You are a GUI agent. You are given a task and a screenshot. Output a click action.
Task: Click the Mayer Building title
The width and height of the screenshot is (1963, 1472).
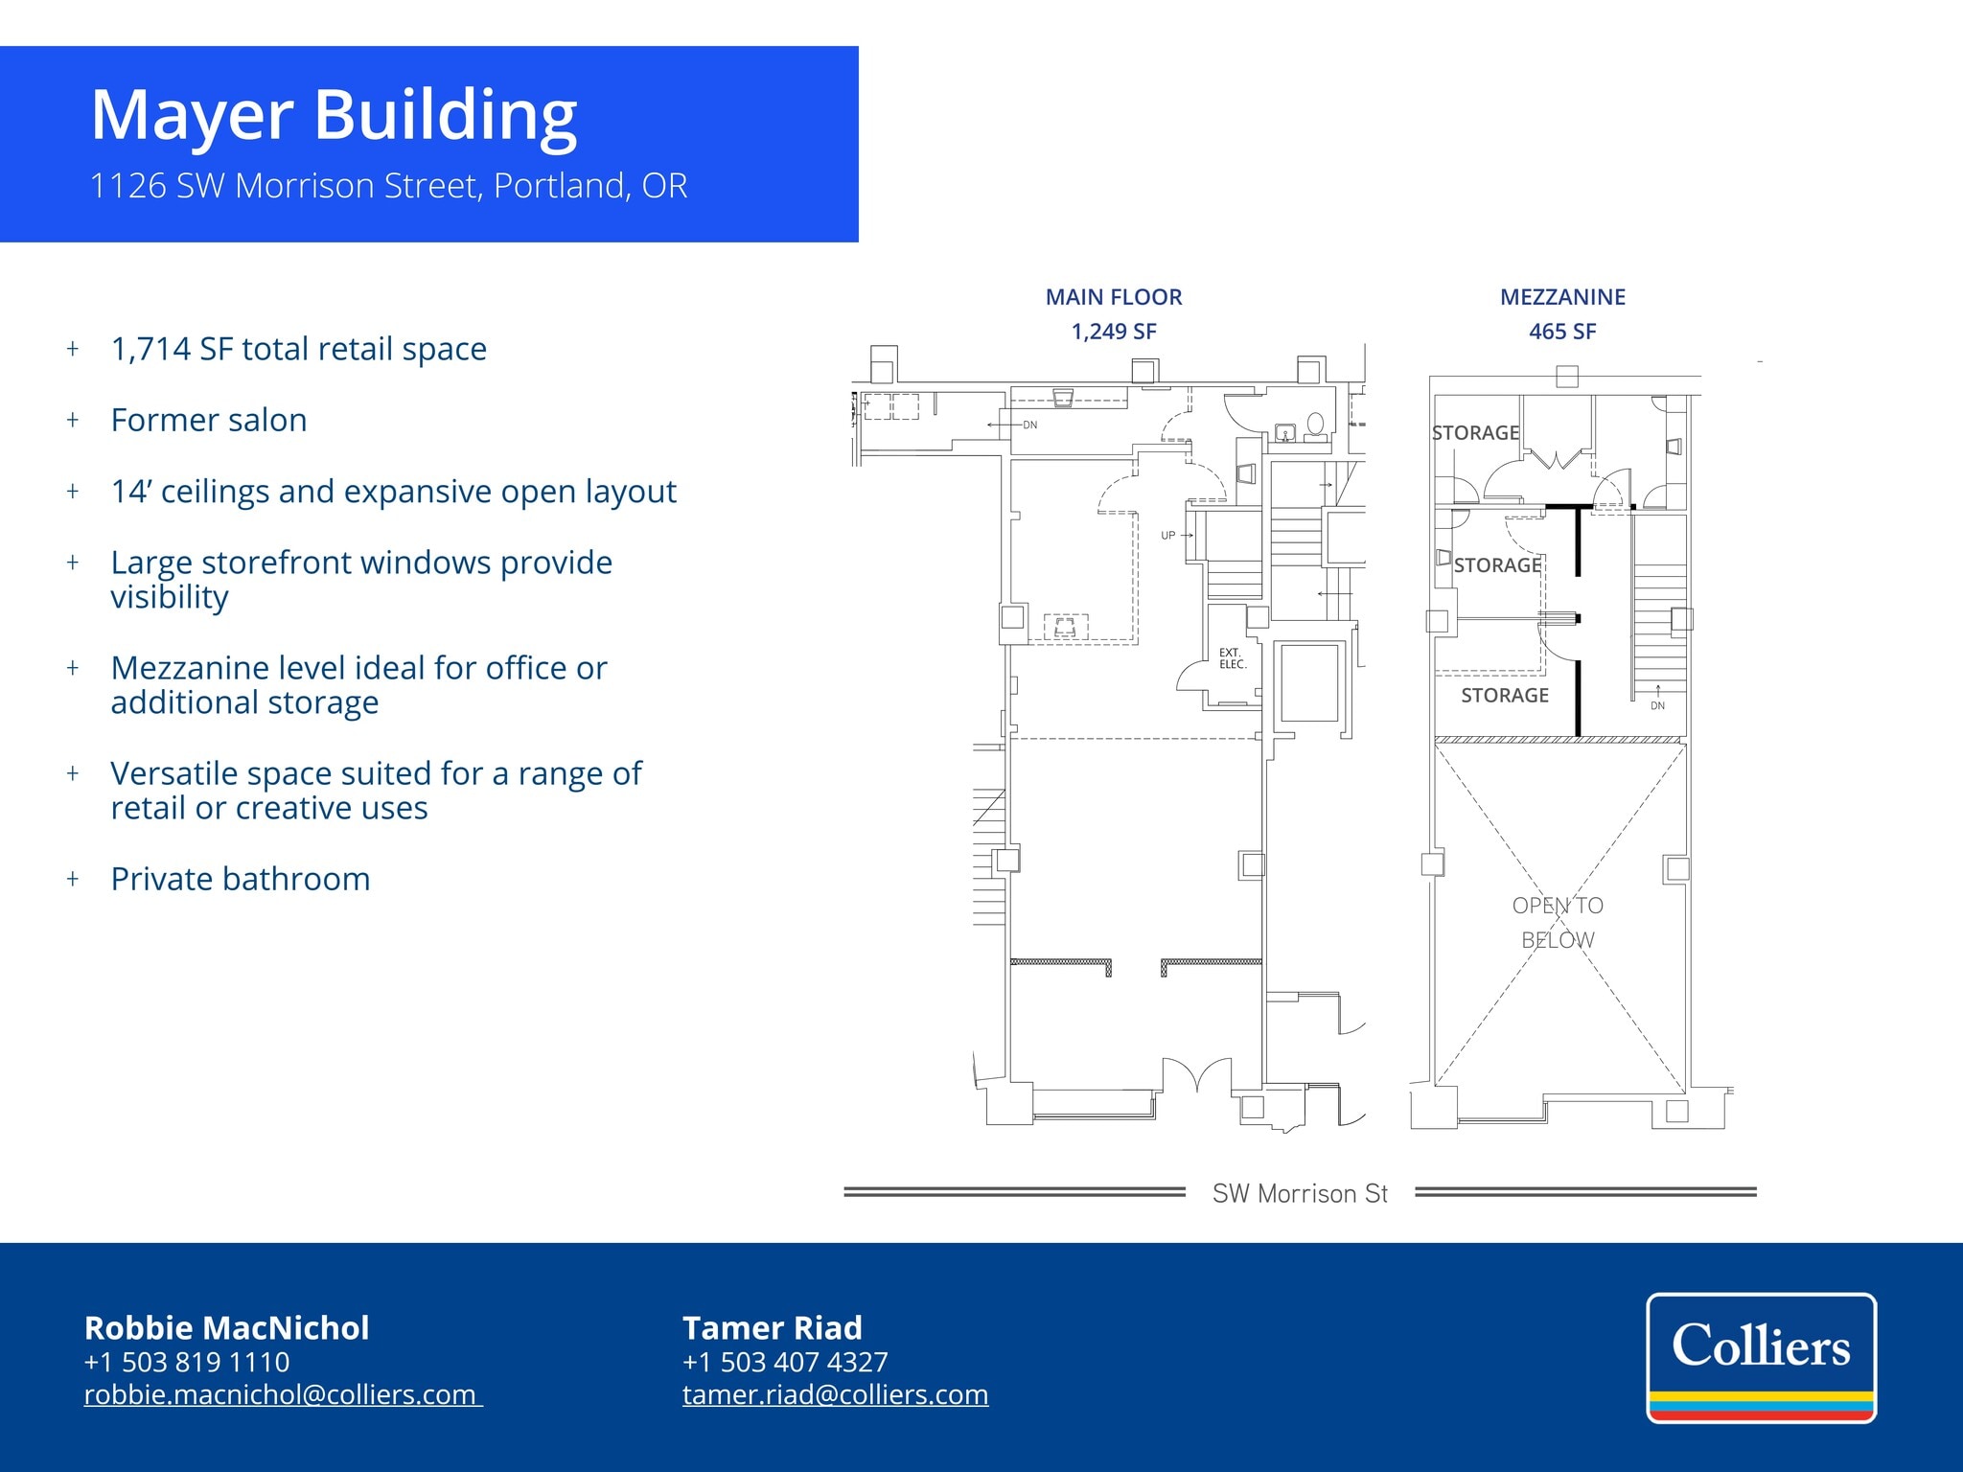334,115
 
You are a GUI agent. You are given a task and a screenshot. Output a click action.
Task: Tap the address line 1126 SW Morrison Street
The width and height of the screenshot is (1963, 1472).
388,186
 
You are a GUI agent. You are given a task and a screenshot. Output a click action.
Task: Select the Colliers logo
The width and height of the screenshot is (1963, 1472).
1761,1357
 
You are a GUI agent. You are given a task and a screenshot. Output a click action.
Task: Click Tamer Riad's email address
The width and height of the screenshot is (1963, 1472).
835,1394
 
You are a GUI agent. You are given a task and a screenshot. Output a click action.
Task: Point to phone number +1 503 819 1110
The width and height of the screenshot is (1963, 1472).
187,1362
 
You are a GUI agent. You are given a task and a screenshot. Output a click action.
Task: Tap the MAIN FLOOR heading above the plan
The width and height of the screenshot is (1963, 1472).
1113,297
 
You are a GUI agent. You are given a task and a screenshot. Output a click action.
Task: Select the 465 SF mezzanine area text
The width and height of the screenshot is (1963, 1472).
1561,332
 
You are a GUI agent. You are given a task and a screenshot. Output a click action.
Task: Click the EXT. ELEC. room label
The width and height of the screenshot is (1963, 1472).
1232,658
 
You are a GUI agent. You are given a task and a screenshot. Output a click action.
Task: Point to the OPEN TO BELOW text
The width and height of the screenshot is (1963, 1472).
1558,922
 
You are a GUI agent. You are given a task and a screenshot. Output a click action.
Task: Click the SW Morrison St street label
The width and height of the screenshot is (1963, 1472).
1300,1193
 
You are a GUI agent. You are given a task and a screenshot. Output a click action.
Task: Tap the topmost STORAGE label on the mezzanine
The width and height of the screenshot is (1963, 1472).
1475,433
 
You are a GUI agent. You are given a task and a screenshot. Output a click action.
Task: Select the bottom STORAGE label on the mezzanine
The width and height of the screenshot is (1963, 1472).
1504,696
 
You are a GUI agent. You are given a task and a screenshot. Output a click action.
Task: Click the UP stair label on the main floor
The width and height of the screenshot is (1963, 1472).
1167,536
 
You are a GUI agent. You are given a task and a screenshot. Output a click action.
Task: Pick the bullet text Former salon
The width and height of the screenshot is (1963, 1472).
209,421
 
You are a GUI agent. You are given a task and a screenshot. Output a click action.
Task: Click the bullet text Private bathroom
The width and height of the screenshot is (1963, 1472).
240,879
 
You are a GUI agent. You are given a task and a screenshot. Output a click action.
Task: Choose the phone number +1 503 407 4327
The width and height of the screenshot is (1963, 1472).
785,1362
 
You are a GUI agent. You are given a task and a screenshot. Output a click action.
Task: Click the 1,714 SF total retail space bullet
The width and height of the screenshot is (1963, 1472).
298,349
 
